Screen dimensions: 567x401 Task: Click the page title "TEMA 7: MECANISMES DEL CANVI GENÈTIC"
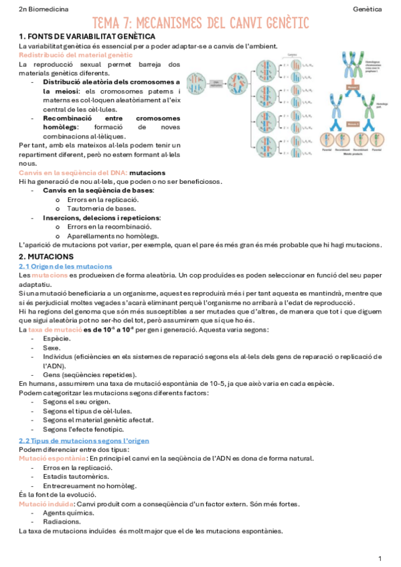(200, 24)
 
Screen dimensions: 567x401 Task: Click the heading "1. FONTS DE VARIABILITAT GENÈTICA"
(87, 36)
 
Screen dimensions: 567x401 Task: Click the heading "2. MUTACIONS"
(46, 256)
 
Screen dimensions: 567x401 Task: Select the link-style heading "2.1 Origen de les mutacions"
(65, 266)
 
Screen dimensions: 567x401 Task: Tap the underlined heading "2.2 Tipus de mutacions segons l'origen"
(84, 441)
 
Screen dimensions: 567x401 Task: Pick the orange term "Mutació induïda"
(47, 503)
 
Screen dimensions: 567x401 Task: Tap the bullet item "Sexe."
(52, 348)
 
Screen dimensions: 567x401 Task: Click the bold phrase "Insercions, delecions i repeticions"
(102, 217)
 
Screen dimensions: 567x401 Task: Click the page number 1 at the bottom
(380, 558)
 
